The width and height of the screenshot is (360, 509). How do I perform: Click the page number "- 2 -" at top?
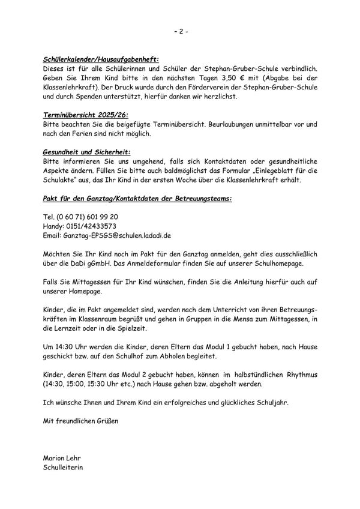point(180,31)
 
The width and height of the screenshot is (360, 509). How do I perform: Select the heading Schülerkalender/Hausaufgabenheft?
point(101,60)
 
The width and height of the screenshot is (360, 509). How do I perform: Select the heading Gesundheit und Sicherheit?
point(87,153)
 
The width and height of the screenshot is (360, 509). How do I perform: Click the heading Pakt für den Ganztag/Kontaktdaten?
point(137,198)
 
